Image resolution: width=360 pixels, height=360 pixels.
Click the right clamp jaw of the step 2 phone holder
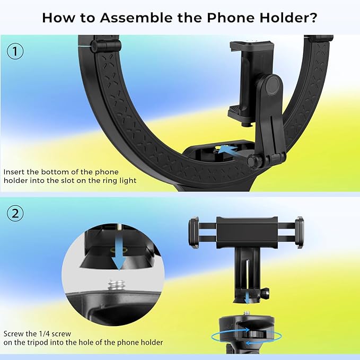click(300, 232)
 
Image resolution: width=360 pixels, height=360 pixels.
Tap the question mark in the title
click(313, 17)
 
